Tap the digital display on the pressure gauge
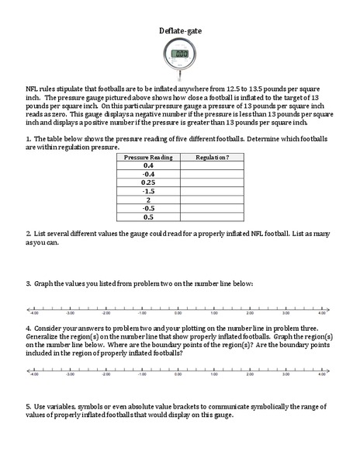pyautogui.click(x=181, y=54)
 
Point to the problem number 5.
pyautogui.click(x=28, y=406)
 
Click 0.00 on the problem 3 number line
pyautogui.click(x=179, y=314)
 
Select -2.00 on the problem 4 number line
pyautogui.click(x=106, y=374)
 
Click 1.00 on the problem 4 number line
pyautogui.click(x=214, y=374)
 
